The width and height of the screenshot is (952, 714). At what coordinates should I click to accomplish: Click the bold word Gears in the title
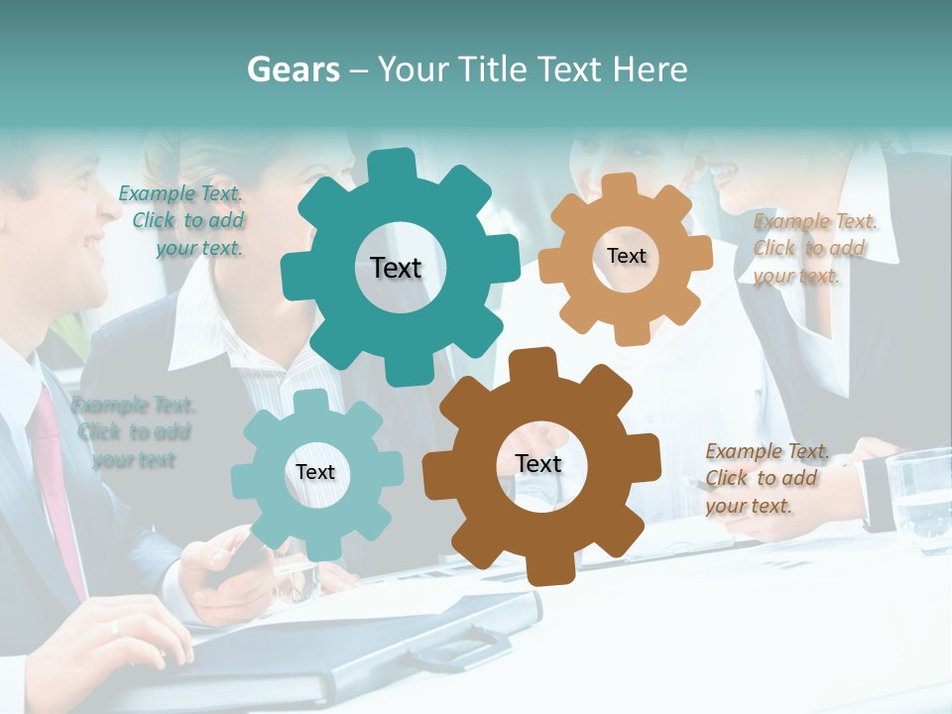[293, 69]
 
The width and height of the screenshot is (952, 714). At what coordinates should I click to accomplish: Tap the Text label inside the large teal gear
[396, 268]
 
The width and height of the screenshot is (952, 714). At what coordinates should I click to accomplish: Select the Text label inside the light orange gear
[626, 256]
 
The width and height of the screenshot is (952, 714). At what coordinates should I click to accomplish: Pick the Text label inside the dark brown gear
[538, 464]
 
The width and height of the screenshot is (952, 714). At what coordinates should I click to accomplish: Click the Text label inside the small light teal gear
[315, 472]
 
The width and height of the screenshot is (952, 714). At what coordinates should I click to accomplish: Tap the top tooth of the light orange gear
[620, 184]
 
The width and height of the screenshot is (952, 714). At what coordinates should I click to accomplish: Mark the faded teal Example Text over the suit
[133, 432]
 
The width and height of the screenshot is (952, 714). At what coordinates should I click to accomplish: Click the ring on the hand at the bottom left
[115, 627]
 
